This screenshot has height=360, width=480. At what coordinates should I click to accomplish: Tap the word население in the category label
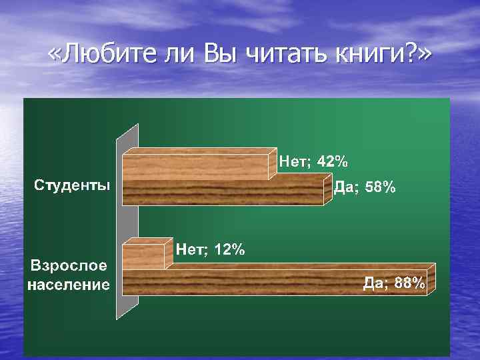point(69,285)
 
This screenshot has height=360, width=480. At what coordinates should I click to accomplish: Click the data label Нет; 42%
point(313,161)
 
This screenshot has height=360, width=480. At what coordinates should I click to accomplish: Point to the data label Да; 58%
point(364,188)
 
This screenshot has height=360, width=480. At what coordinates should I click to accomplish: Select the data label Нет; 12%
point(210,250)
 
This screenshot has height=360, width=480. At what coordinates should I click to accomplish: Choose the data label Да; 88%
point(393,283)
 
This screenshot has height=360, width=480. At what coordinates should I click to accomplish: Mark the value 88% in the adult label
point(408,283)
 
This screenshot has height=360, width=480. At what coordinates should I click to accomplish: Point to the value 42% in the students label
point(331,161)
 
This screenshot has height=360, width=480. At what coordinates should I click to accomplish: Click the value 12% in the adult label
point(229,250)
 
